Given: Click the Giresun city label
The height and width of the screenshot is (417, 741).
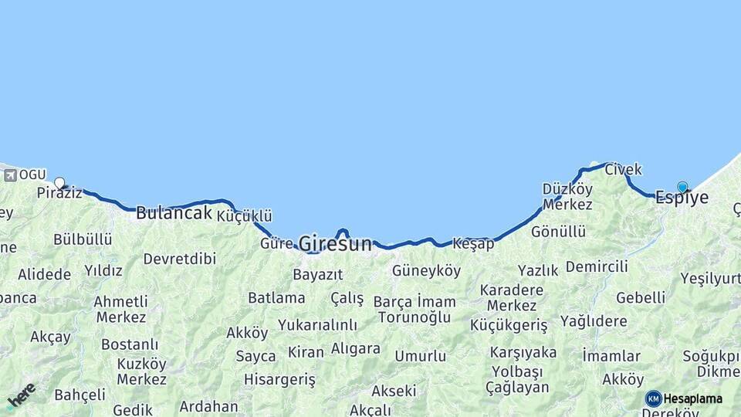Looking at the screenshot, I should [x=335, y=243].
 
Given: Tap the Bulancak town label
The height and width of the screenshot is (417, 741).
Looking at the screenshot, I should [x=174, y=213].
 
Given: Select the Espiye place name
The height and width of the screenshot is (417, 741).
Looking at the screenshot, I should [x=682, y=198].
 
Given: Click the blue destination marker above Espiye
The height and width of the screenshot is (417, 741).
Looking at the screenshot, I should [x=682, y=187].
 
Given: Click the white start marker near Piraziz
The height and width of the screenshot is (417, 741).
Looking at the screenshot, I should [x=59, y=183].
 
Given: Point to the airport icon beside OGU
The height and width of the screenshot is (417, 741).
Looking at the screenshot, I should [x=10, y=175].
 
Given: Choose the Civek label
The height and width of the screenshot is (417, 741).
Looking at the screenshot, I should [x=623, y=169].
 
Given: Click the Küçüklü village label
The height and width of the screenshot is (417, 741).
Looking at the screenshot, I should [x=244, y=216].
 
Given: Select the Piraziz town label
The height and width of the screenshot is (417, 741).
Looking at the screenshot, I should [x=59, y=193].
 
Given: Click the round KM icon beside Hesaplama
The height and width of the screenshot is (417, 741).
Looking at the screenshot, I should [x=654, y=398].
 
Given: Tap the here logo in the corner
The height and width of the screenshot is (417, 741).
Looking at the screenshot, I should [x=21, y=395].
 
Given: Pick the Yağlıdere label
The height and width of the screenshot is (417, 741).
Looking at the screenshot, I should [x=594, y=321].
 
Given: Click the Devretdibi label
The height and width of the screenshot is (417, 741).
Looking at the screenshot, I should [x=179, y=259].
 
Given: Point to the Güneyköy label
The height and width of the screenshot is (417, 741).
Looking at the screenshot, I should [x=426, y=271].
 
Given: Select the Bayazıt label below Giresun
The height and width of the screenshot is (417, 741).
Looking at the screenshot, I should [x=317, y=275].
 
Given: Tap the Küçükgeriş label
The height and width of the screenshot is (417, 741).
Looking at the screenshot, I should [x=509, y=325].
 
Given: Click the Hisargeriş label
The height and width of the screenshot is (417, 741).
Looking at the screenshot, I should [x=279, y=379].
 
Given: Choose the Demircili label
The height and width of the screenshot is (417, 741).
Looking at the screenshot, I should [x=597, y=266].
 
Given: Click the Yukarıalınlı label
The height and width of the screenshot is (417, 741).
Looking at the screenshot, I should [x=317, y=325].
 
